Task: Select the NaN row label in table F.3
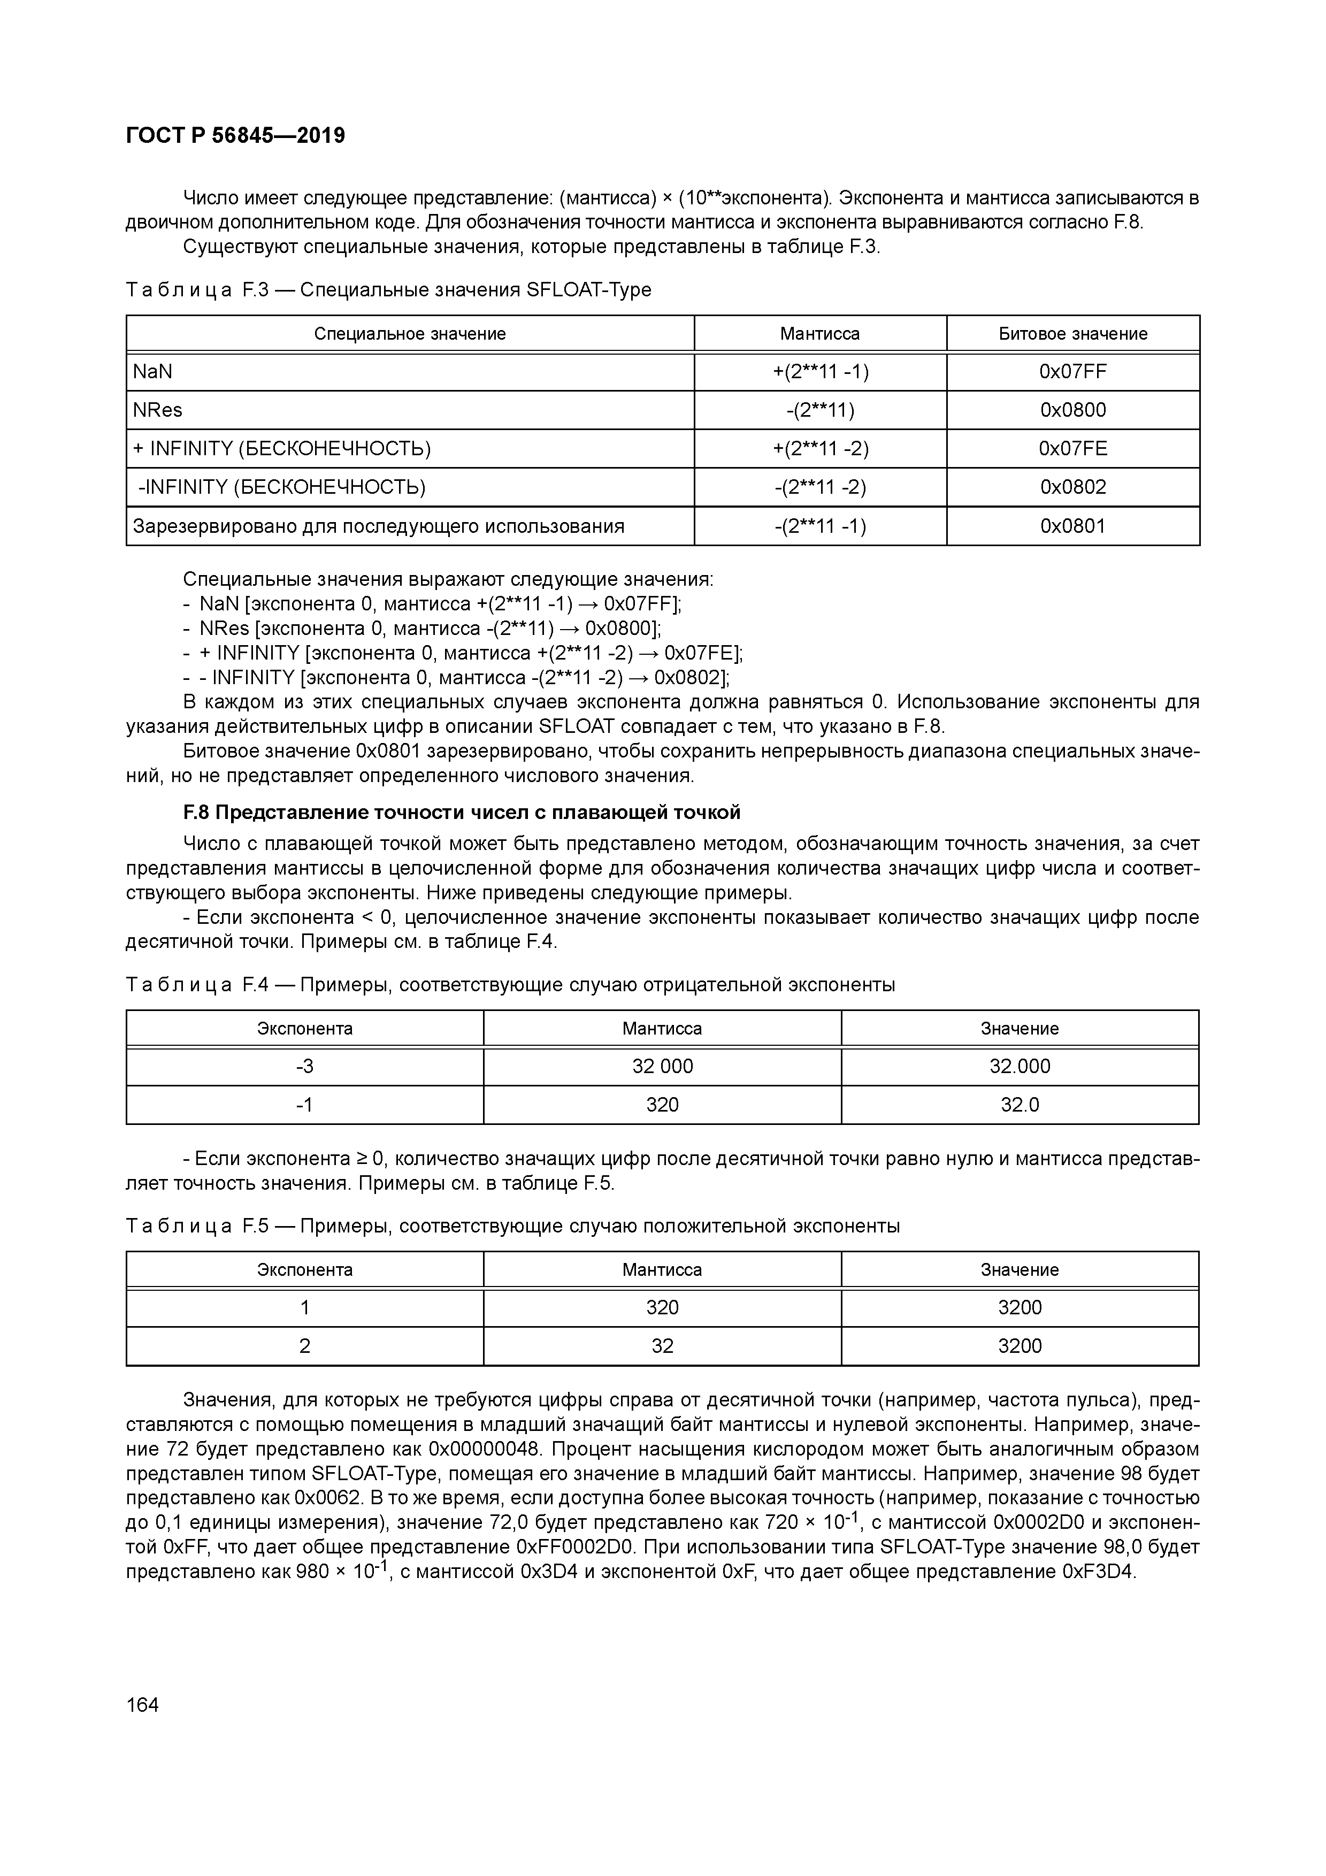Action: pyautogui.click(x=153, y=372)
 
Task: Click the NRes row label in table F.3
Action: pyautogui.click(x=158, y=410)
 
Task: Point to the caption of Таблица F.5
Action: pyautogui.click(x=513, y=1227)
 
